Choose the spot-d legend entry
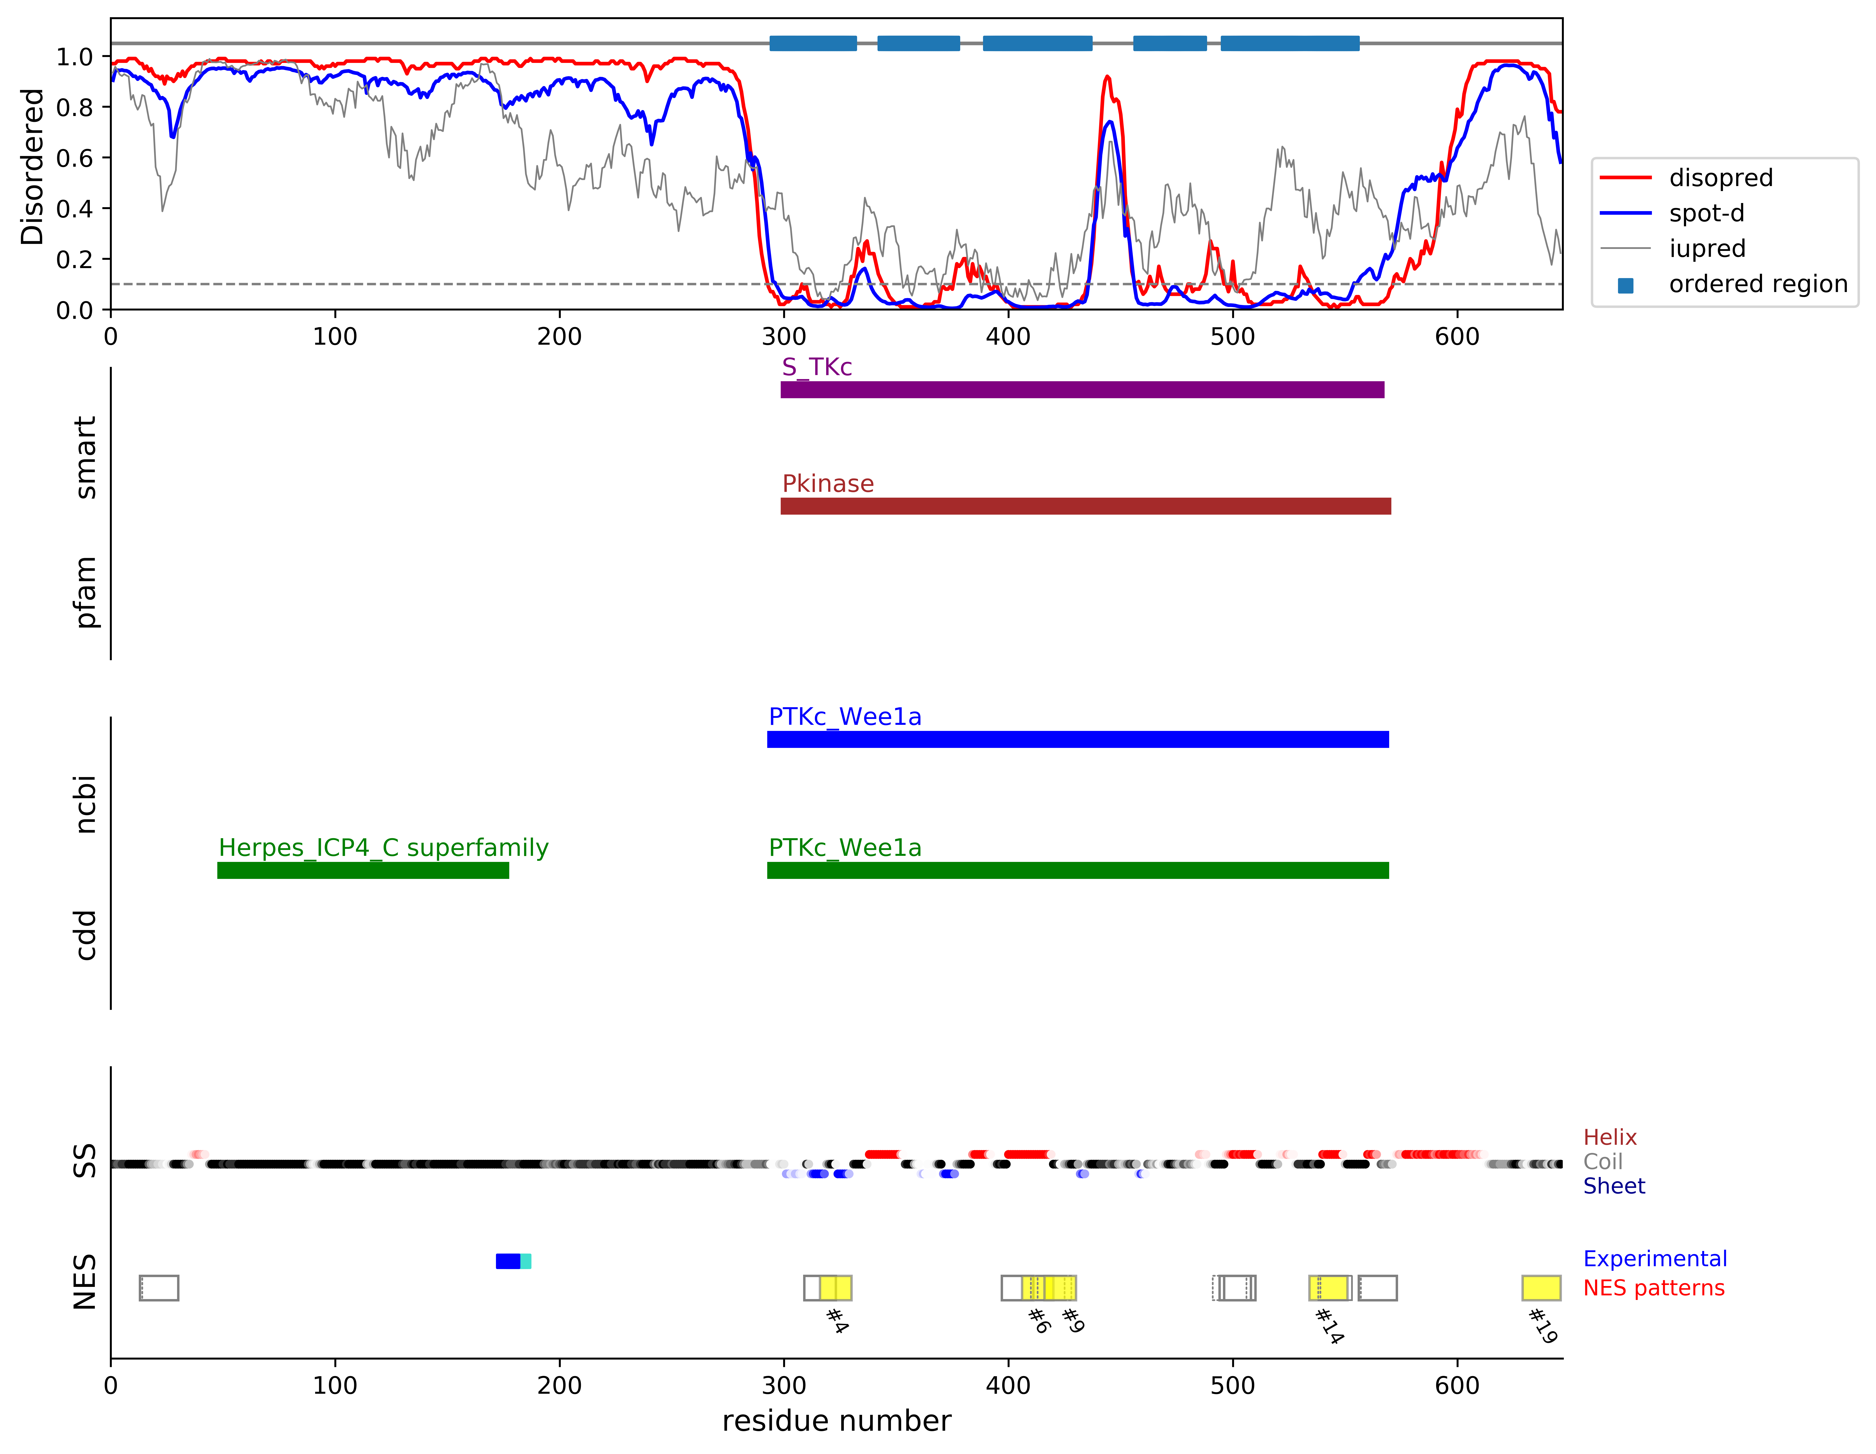[1706, 213]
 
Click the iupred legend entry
[1707, 248]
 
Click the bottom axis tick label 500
[1233, 1386]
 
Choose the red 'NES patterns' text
[1653, 1288]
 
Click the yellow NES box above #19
[1541, 1288]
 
